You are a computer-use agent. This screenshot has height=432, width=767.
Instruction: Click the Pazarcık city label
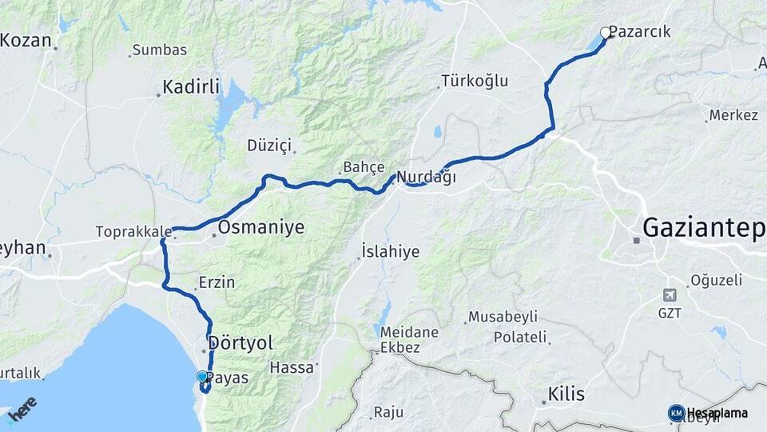click(639, 32)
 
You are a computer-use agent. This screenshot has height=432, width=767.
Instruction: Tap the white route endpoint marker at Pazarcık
click(605, 33)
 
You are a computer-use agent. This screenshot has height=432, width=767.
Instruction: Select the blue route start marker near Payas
click(202, 376)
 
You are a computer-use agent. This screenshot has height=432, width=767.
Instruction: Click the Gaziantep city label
click(703, 228)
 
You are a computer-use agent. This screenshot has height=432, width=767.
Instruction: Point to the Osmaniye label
click(261, 227)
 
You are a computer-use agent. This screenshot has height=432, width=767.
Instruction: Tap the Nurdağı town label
click(427, 178)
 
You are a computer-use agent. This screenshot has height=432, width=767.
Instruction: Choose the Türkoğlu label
click(475, 81)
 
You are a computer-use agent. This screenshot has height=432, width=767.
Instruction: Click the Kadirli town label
click(191, 86)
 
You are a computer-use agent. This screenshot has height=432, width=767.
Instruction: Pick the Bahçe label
click(364, 167)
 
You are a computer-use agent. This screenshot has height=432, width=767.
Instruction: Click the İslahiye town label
click(391, 252)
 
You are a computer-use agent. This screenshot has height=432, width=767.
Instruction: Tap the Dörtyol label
click(240, 343)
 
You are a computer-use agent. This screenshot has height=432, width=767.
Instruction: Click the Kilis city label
click(566, 394)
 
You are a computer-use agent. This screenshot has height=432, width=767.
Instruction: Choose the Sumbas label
click(160, 50)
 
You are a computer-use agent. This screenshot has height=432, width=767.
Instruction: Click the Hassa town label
click(293, 368)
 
